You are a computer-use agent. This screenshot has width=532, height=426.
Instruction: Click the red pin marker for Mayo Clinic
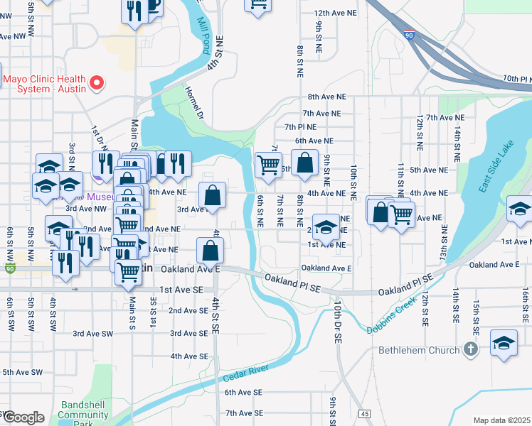[x=97, y=84]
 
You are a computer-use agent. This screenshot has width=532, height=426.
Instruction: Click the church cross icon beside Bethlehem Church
[x=469, y=349]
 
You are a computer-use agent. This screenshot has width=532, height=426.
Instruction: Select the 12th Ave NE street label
[x=330, y=13]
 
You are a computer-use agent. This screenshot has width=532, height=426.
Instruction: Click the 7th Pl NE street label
[x=299, y=127]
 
